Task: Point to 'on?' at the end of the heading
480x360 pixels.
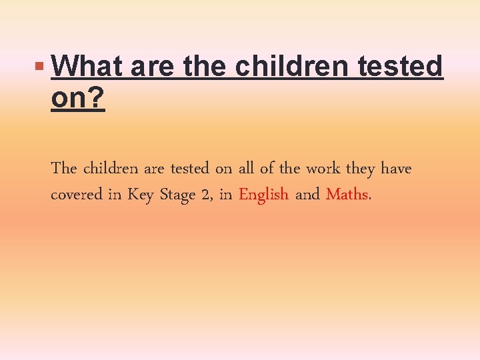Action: [x=77, y=99]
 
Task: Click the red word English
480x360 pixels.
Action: [x=263, y=195]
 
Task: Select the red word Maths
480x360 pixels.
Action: [x=347, y=195]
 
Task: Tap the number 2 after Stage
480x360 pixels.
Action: [x=202, y=195]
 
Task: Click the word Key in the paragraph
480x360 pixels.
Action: [x=140, y=195]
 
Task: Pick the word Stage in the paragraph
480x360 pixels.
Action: [x=176, y=195]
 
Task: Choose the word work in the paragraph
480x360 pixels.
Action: [x=323, y=169]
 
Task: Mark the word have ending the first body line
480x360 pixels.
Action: [x=396, y=169]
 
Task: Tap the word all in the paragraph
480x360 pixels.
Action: [x=247, y=169]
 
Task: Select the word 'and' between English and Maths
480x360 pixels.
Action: [x=307, y=195]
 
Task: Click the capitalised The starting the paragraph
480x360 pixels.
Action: [x=63, y=169]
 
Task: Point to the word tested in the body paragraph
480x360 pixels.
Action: [x=189, y=169]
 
